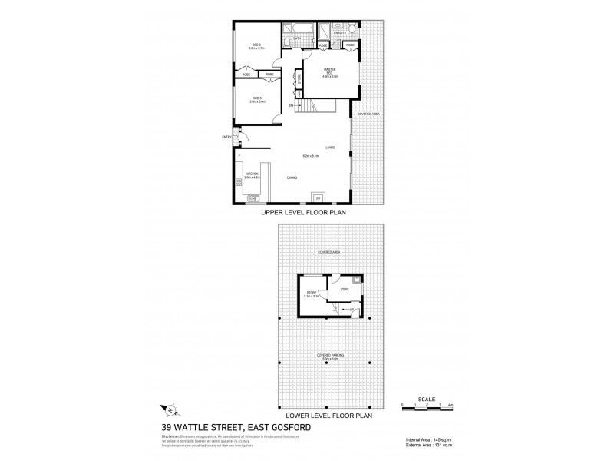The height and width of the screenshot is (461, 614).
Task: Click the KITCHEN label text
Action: pos(253,175)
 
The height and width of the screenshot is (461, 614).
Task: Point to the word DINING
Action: pos(292,178)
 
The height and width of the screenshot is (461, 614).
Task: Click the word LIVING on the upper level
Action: pos(330,147)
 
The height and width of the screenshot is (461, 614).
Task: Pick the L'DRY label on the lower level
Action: pos(345,289)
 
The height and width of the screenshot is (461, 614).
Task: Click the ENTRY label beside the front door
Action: pos(226,137)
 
